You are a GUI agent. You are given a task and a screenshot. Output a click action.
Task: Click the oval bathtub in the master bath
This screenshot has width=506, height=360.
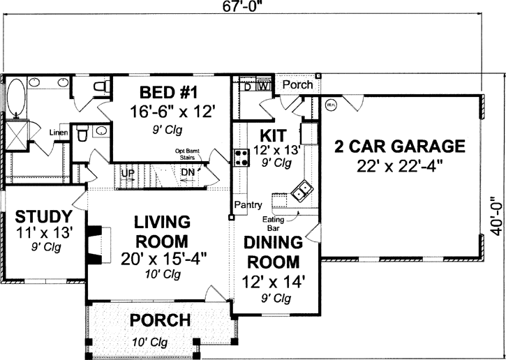[x=15, y=96]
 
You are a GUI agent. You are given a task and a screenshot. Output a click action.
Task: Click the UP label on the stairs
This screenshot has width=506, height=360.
[x=128, y=172]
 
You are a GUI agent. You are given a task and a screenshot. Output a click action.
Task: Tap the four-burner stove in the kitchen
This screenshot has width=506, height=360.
[x=241, y=157]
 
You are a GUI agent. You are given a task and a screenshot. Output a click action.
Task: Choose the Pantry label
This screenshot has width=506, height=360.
[x=248, y=205]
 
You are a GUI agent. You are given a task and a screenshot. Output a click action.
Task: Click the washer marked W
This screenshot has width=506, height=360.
[x=264, y=87]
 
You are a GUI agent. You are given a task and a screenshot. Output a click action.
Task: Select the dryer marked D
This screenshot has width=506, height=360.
[x=248, y=87]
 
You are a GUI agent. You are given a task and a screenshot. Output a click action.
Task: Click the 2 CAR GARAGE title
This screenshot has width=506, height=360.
[x=399, y=147]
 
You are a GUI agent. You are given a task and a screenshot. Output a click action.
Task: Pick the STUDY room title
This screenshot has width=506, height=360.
[x=43, y=215]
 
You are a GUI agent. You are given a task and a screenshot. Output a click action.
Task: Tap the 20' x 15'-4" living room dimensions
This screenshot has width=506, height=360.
[x=163, y=257]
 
